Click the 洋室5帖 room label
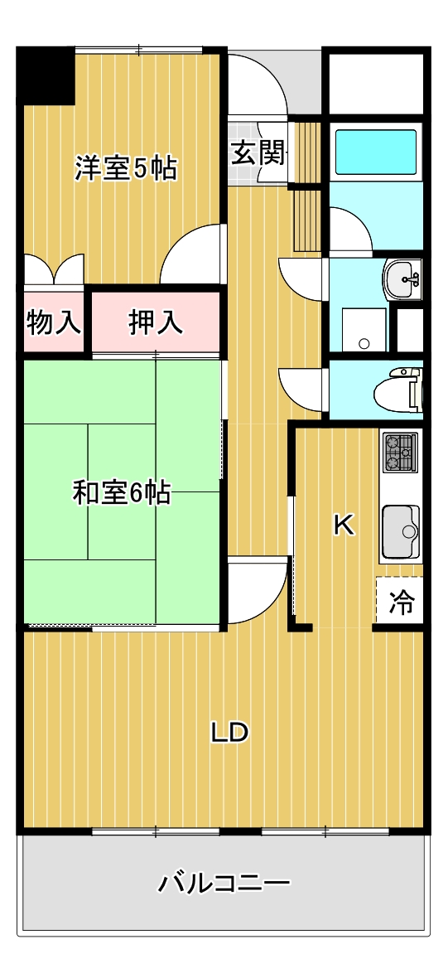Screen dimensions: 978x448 (x=125, y=168)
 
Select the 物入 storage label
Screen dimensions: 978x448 (x=54, y=322)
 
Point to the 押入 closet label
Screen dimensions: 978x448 (x=155, y=322)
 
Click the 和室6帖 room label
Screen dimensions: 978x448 (x=122, y=493)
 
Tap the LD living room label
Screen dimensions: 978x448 (x=229, y=732)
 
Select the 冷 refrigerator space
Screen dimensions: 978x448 (x=402, y=603)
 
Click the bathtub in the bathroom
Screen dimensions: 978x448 (x=375, y=151)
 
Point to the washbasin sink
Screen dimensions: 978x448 (x=403, y=278)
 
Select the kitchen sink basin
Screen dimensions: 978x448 (x=400, y=531)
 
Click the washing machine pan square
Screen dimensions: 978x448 (x=364, y=330)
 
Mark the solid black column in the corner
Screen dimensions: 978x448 (x=46, y=75)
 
